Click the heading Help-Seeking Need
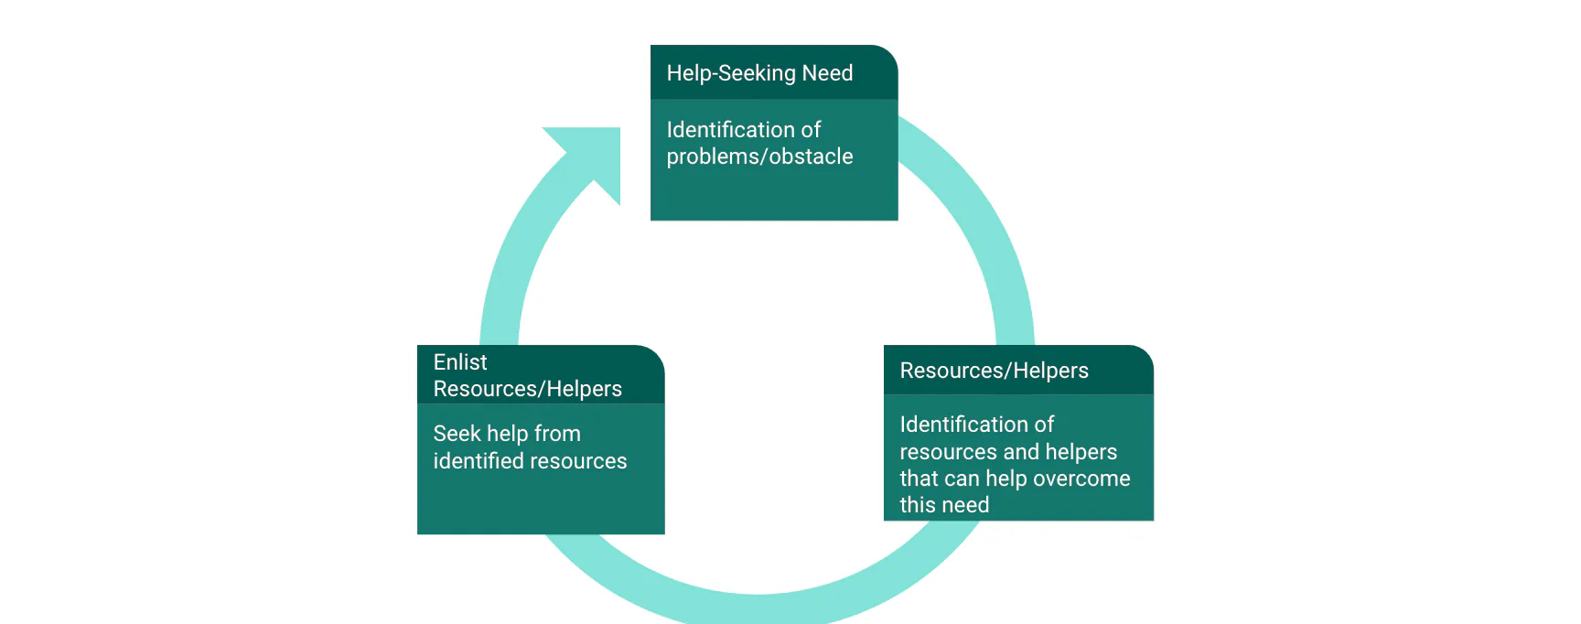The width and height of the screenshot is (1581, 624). click(759, 73)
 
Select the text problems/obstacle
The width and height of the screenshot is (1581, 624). click(759, 156)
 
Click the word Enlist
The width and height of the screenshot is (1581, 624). click(460, 362)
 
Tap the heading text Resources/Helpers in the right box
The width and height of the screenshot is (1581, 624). click(994, 371)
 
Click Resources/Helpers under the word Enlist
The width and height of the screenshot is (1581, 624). click(527, 389)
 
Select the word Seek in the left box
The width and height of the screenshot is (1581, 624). click(457, 434)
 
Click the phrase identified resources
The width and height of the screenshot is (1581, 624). click(530, 461)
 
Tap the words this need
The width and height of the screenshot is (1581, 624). click(944, 505)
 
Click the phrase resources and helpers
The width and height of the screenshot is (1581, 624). click(1008, 452)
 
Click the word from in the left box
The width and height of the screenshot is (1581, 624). click(557, 434)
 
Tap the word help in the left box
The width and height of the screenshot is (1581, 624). click(507, 434)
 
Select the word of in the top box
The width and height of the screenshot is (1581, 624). click(811, 130)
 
